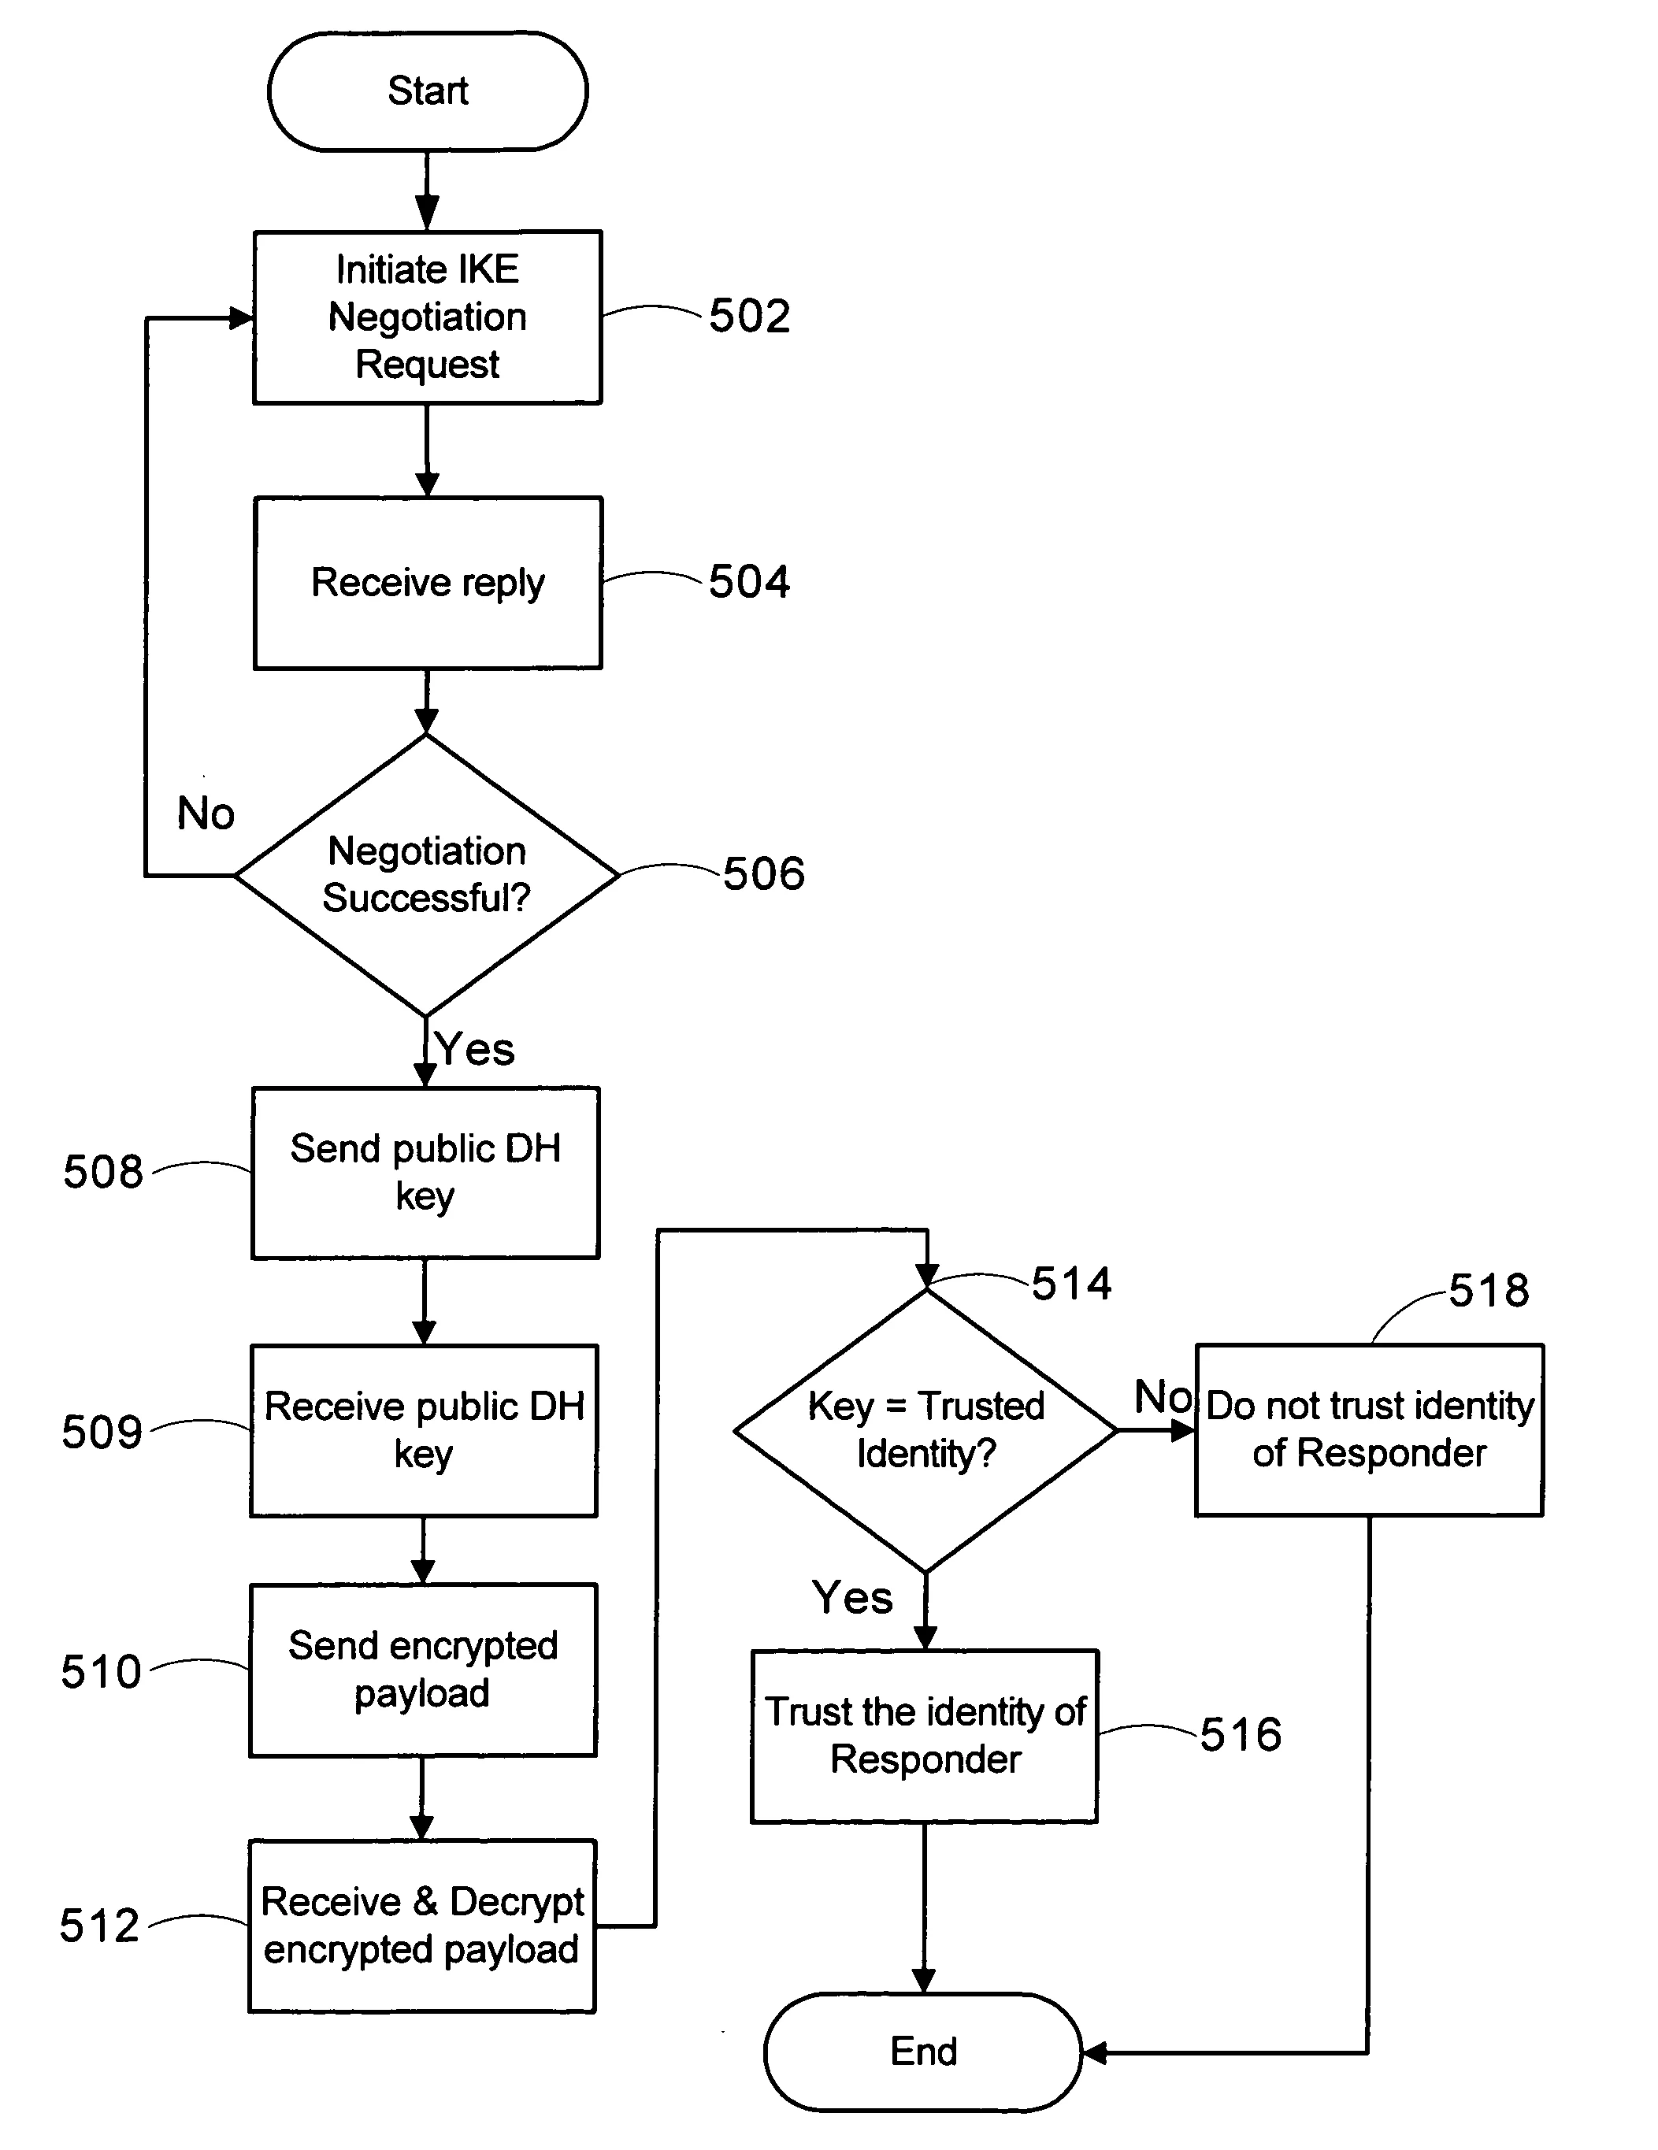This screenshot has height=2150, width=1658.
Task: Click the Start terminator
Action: coord(427,91)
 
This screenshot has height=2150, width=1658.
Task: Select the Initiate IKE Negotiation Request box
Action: coord(427,317)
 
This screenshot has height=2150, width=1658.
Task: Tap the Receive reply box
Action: coord(427,583)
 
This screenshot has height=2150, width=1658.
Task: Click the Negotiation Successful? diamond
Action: coord(426,874)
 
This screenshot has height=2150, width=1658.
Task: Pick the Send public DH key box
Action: coord(425,1173)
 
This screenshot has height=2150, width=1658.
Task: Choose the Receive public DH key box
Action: coord(424,1430)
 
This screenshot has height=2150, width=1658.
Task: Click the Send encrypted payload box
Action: coord(422,1670)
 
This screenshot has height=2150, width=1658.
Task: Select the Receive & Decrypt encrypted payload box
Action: coord(421,1926)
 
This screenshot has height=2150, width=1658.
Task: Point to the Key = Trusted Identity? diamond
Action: coord(925,1430)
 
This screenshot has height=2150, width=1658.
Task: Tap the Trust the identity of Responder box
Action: coord(925,1737)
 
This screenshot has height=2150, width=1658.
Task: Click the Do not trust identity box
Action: coord(1369,1429)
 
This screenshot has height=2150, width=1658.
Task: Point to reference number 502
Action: coord(749,316)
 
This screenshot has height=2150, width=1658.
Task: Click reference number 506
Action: coord(764,873)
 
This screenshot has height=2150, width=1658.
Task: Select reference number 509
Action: coord(102,1432)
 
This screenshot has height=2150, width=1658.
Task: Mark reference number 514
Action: coord(1071,1284)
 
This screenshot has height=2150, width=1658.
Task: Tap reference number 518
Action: coord(1489,1290)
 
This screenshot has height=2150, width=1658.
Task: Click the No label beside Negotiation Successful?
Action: coord(206,813)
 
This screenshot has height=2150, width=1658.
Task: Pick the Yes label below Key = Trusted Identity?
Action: coord(852,1597)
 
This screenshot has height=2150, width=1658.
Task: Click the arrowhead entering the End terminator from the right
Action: coord(1094,2052)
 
